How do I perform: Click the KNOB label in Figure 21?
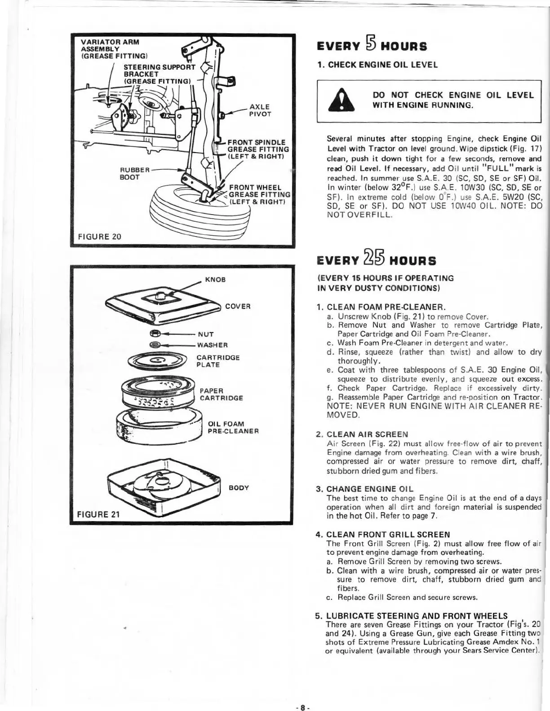(x=215, y=279)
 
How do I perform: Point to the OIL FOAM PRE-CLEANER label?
(x=233, y=427)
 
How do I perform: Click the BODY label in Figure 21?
(x=239, y=487)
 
